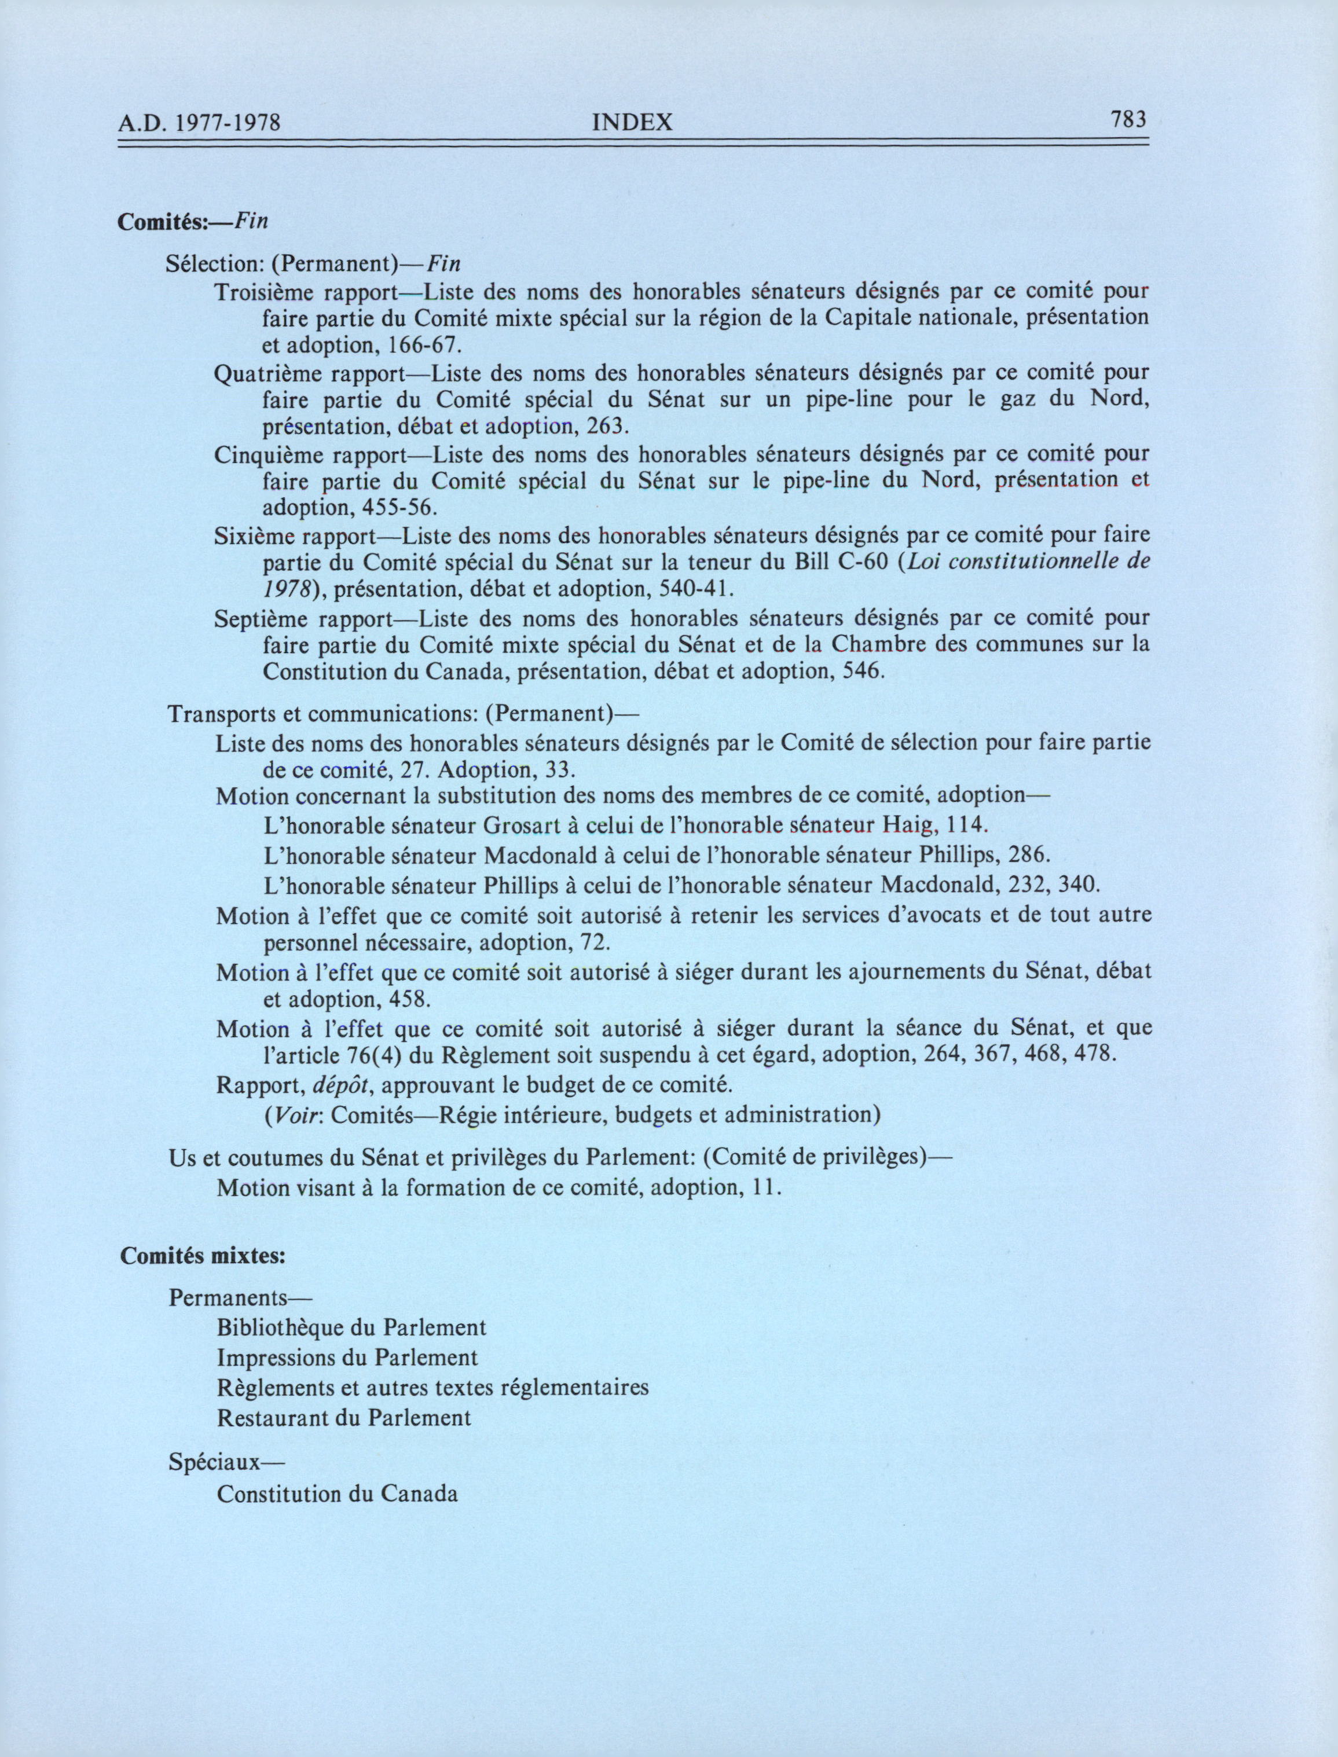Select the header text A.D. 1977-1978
coord(201,123)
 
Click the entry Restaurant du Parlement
coord(344,1418)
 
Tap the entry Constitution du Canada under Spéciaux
coord(338,1494)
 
